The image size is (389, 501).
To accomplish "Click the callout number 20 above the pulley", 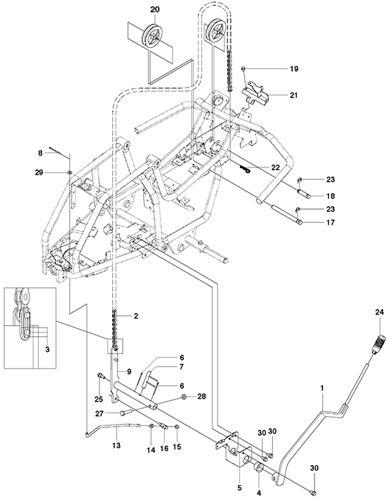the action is [x=155, y=10].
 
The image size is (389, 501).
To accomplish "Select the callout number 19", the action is [x=294, y=69].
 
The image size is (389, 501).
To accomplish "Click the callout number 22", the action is [x=275, y=167].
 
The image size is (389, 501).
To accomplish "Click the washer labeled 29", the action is [x=70, y=173].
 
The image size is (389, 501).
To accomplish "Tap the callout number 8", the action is [x=40, y=153].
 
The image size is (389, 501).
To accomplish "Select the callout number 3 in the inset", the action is [x=47, y=349].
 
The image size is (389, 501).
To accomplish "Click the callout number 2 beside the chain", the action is [x=136, y=316].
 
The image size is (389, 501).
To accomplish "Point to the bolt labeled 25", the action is [x=101, y=376].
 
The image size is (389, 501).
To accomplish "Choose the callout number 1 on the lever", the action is [x=322, y=388].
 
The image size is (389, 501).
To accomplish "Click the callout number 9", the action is [x=129, y=372].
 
